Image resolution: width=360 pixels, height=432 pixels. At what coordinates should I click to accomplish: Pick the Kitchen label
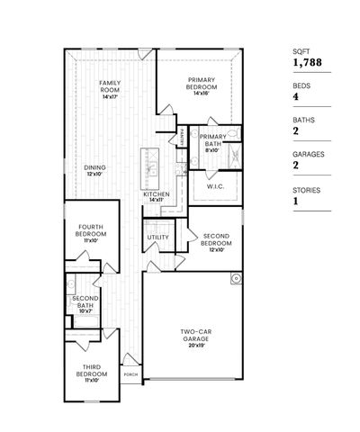(157, 194)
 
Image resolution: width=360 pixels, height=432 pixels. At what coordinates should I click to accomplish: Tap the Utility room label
(158, 237)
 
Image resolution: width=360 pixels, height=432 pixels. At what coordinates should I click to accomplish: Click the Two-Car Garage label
(194, 334)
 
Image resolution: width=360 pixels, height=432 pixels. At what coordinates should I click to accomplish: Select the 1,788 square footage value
(305, 63)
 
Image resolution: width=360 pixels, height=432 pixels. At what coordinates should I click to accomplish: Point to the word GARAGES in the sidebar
(308, 154)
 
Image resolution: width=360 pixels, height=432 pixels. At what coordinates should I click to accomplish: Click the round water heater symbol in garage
(236, 278)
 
